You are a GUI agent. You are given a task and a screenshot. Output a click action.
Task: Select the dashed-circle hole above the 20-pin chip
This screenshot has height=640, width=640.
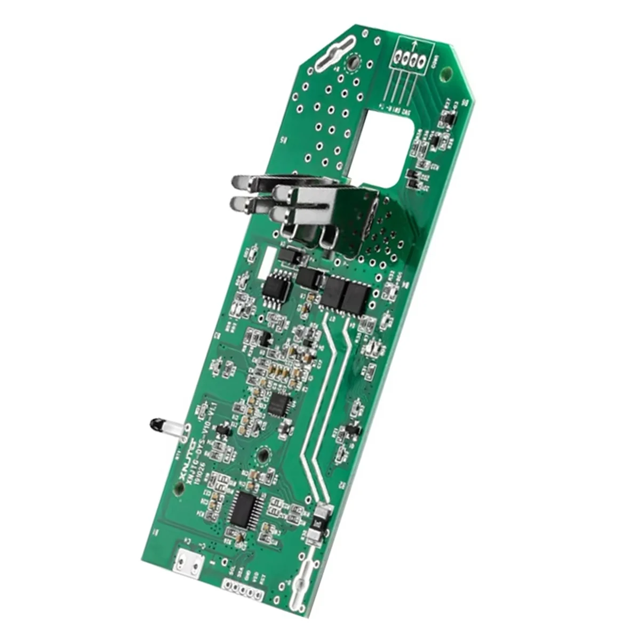pyautogui.click(x=263, y=455)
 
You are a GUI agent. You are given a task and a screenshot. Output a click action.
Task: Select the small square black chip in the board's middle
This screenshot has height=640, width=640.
pyautogui.click(x=279, y=404)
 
